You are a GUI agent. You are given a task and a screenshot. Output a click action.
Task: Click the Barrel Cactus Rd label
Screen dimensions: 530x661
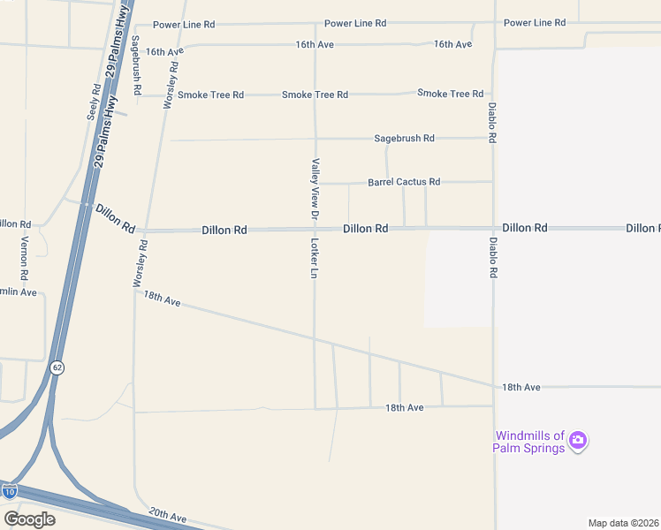(x=404, y=182)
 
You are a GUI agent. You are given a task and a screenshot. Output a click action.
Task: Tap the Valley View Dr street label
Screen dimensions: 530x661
(x=314, y=187)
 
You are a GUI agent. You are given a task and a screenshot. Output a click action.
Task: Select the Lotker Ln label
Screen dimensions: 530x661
(x=314, y=258)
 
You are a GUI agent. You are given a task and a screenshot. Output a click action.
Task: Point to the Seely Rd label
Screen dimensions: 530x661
(x=93, y=102)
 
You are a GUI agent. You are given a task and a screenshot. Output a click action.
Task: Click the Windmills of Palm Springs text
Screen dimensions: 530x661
(x=528, y=442)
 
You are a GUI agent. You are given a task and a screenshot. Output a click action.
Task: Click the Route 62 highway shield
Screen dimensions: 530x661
(x=57, y=367)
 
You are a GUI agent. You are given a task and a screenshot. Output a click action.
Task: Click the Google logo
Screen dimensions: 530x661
(x=29, y=519)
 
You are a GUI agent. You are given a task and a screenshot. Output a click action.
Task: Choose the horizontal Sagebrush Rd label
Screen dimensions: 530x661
(x=404, y=139)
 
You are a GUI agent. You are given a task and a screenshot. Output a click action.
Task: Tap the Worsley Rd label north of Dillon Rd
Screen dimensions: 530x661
(x=170, y=84)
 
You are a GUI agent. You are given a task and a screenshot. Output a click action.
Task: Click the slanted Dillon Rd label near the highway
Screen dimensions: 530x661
(x=114, y=218)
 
